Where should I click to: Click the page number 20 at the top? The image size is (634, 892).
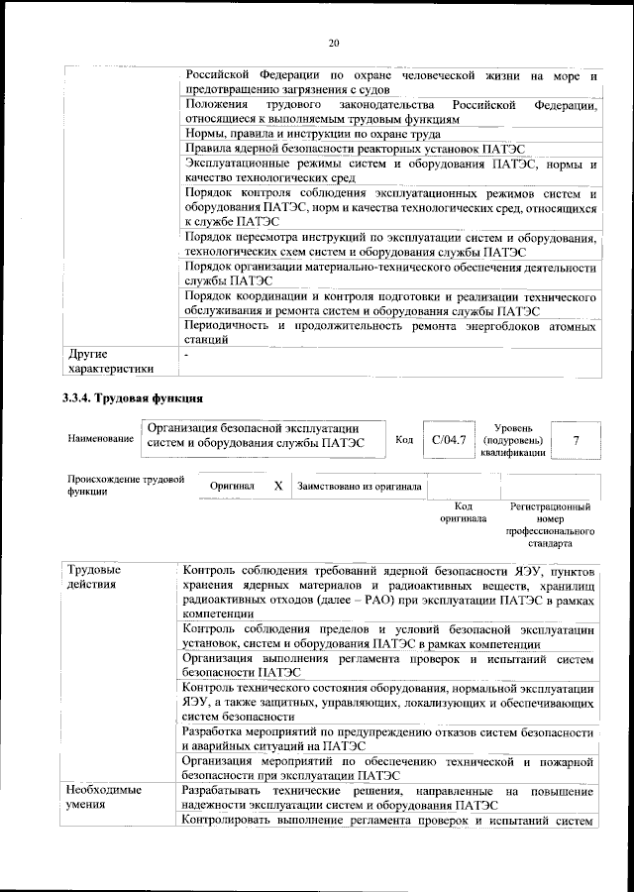334,42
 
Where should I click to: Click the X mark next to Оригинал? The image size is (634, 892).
277,487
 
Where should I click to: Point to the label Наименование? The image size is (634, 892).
101,437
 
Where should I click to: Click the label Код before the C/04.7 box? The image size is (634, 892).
404,439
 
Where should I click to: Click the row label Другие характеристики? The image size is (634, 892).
109,362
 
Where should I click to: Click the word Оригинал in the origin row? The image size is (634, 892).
233,487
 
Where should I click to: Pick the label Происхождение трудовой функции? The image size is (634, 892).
126,485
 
